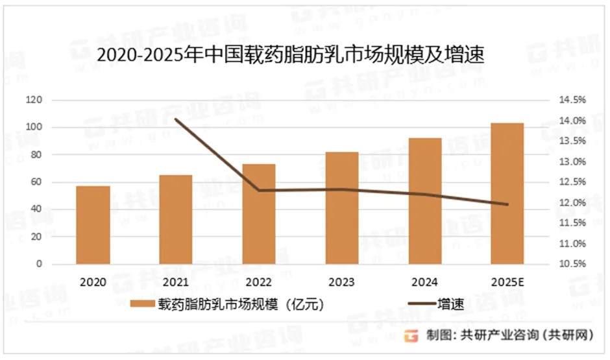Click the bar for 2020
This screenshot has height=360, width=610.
pos(93,225)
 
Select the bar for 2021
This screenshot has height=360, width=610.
pos(176,219)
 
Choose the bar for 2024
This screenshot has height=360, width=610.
pos(425,201)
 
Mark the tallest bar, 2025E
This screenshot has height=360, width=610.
pos(507,193)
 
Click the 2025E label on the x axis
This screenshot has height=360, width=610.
pos(507,282)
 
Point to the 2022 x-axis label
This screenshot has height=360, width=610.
pos(259,282)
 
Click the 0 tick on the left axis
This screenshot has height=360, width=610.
pos(39,265)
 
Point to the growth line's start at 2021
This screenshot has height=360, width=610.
pos(176,119)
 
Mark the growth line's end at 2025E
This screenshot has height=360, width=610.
pos(507,204)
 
